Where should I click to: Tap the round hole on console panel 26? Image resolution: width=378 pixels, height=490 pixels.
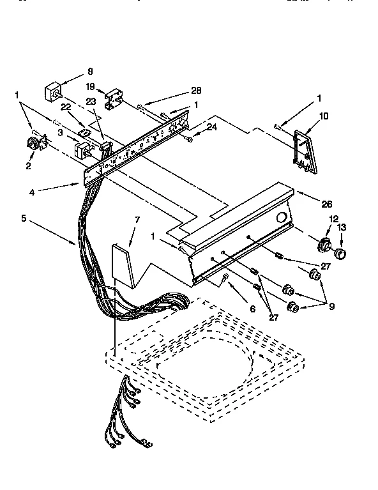pos(280,218)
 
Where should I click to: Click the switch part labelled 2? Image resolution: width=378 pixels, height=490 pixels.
pos(31,146)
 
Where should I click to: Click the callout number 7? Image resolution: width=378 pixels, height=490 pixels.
pos(135,221)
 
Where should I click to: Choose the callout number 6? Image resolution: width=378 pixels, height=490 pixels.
pos(252,308)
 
